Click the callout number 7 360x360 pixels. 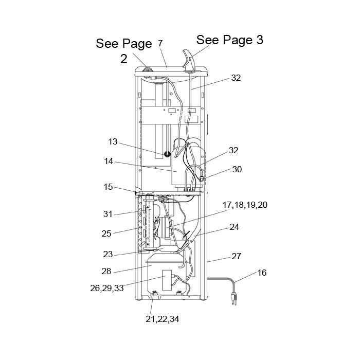tap(160, 43)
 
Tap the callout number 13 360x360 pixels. tap(113, 141)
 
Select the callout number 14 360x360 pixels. tap(109, 161)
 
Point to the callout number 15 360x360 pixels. tap(108, 187)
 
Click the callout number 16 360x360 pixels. tap(262, 273)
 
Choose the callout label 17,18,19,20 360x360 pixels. tap(245, 205)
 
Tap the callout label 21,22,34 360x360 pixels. tap(163, 319)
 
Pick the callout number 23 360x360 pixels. tap(107, 255)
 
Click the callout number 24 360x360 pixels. tap(234, 227)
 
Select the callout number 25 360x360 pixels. tap(106, 233)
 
